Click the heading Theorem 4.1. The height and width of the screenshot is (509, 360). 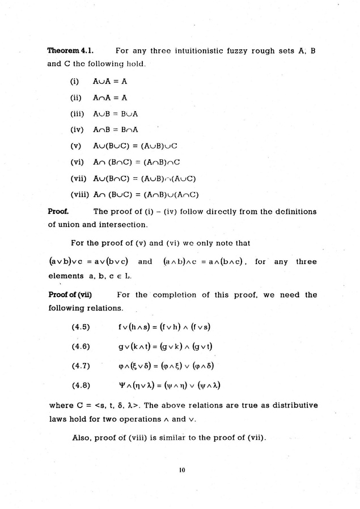point(66,51)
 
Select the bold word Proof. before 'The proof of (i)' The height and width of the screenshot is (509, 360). point(58,211)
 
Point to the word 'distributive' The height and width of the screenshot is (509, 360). point(293,405)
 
